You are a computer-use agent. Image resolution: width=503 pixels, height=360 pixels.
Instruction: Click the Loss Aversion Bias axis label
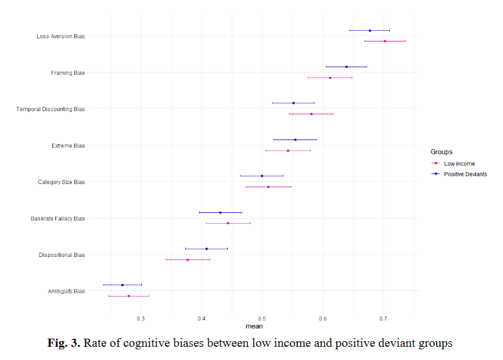[x=61, y=36]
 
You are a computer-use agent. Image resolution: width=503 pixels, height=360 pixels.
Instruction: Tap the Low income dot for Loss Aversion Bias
[x=385, y=41]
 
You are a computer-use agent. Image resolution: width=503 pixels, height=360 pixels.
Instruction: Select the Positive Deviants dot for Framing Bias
[x=347, y=67]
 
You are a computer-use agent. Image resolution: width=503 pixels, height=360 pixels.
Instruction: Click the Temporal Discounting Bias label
[x=51, y=109]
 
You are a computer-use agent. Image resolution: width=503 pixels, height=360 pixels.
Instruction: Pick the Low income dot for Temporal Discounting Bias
[x=311, y=114]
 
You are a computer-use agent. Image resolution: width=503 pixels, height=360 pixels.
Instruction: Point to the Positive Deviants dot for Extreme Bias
[x=295, y=139]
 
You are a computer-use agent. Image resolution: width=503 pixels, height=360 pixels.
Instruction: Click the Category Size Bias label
[x=62, y=182]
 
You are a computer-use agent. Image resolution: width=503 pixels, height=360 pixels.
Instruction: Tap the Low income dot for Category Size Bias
[x=268, y=187]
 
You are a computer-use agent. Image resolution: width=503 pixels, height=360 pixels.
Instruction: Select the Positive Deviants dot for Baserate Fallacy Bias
[x=220, y=212]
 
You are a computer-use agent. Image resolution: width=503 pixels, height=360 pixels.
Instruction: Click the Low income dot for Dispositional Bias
[x=188, y=259]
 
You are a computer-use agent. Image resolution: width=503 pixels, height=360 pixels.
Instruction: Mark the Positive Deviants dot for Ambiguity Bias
[x=122, y=285]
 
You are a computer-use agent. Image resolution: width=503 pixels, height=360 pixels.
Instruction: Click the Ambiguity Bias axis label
[x=67, y=292]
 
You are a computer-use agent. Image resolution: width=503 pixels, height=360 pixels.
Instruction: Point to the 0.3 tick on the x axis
[x=141, y=319]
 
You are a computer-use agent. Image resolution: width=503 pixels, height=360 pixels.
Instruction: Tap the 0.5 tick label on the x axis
[x=262, y=319]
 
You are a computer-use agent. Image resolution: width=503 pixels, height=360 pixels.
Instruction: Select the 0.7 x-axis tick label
[x=383, y=319]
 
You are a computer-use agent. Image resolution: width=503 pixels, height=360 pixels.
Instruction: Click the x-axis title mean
[x=254, y=326]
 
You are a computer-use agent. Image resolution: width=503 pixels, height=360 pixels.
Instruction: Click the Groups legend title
[x=441, y=152]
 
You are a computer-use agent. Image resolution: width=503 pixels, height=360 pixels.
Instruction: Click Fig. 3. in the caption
[x=63, y=343]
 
